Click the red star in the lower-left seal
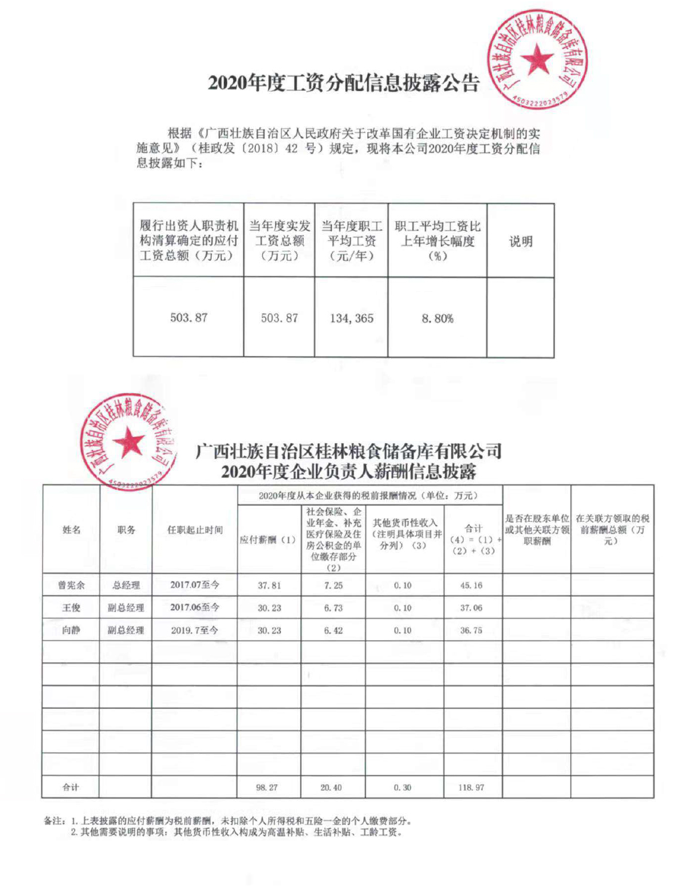click(128, 443)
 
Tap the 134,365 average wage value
click(352, 318)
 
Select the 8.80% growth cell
click(438, 319)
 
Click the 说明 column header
click(520, 241)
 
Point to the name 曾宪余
click(71, 585)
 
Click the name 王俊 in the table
click(71, 608)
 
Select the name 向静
click(71, 630)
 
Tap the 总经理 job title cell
click(126, 585)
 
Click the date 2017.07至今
click(195, 585)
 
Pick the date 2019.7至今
click(195, 630)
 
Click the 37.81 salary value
click(269, 585)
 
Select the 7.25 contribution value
click(333, 585)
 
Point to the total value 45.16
click(472, 585)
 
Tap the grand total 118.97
click(472, 788)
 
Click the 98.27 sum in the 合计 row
click(267, 788)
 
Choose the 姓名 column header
click(71, 530)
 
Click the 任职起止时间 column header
click(195, 530)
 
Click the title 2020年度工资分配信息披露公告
click(344, 84)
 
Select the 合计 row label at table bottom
click(71, 788)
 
